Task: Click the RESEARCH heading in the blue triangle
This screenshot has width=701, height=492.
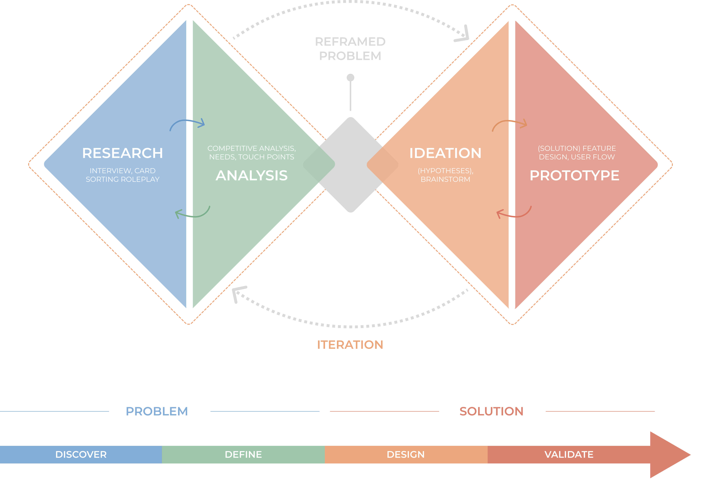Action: [x=122, y=153]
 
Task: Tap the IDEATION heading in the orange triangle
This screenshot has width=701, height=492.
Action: [x=445, y=153]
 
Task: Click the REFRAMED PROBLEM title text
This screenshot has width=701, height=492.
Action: [x=350, y=49]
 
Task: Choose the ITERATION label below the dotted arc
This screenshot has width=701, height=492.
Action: [x=350, y=345]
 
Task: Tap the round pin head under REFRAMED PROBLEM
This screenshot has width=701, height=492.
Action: [x=350, y=77]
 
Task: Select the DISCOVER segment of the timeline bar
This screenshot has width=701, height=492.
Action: [x=81, y=454]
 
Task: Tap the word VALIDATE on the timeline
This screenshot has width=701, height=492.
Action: [x=569, y=454]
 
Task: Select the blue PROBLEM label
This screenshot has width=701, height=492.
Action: [x=157, y=411]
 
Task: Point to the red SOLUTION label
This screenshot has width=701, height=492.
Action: [x=491, y=411]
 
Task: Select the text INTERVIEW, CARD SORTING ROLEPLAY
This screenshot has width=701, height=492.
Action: [x=122, y=175]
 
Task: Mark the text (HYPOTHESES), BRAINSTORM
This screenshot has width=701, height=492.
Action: [x=445, y=175]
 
